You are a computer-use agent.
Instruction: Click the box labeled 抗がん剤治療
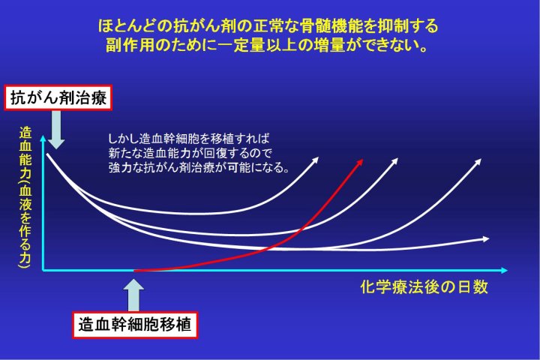coord(58,97)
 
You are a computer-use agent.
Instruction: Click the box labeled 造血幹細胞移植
coord(135,325)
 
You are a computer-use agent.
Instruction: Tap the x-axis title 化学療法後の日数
coord(424,287)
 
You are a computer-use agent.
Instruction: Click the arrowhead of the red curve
coord(359,162)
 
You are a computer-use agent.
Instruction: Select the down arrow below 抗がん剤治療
coord(56,130)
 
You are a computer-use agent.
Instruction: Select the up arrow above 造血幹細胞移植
coord(133,295)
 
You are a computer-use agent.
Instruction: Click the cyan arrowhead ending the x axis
coord(504,271)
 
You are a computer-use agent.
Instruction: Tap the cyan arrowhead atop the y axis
coord(43,139)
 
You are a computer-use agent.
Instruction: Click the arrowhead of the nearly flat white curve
coord(485,238)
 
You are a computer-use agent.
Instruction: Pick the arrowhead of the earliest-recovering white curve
coord(315,160)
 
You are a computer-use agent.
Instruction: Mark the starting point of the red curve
coord(134,271)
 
